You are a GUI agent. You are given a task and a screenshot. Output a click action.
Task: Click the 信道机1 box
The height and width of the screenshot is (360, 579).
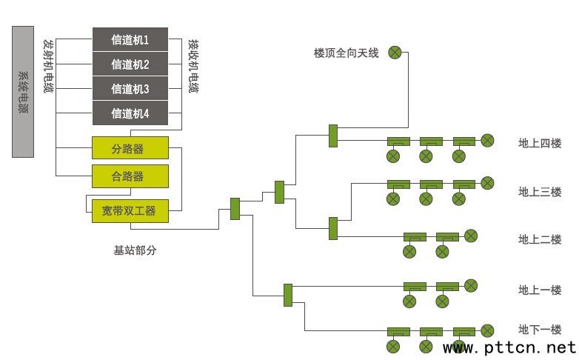(130, 39)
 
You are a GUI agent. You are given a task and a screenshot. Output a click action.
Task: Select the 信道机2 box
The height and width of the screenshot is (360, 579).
(130, 64)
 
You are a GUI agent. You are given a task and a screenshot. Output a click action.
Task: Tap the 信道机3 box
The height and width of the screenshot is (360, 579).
(130, 89)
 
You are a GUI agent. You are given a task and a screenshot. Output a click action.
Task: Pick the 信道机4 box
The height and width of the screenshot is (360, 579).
(130, 113)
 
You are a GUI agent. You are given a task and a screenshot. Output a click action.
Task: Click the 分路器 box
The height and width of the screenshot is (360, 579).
(130, 148)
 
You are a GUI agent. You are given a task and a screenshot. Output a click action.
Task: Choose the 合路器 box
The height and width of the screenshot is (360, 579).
(130, 176)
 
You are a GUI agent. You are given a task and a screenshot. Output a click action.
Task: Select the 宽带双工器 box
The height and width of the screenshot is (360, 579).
(130, 211)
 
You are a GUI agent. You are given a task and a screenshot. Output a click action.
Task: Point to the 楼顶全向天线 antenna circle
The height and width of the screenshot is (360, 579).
(395, 53)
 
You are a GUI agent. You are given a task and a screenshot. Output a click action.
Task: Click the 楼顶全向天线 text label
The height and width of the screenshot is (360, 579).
(346, 53)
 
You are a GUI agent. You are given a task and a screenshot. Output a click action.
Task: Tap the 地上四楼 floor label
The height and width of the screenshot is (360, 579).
(540, 142)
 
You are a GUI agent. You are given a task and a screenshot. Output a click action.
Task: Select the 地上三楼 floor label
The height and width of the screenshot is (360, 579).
(540, 192)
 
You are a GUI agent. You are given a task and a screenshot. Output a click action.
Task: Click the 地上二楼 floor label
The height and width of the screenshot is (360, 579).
(540, 239)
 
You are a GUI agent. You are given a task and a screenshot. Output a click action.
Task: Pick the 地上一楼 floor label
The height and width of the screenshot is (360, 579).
(540, 290)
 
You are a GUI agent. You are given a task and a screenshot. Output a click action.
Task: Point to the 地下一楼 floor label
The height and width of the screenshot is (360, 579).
(540, 329)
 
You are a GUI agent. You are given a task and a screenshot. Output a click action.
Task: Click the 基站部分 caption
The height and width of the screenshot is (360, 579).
(135, 250)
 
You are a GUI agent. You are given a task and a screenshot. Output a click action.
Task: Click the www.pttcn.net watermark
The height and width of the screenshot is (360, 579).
(509, 347)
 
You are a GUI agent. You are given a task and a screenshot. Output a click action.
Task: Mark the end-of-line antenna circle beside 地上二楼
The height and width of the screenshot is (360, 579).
(470, 236)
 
